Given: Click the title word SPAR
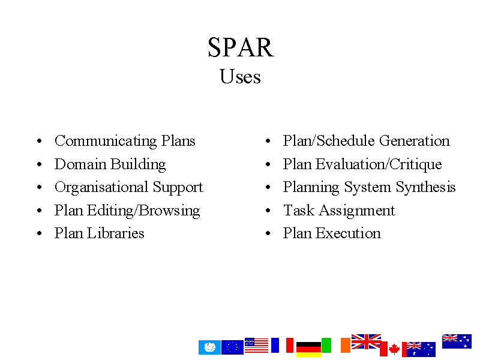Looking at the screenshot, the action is pyautogui.click(x=241, y=47).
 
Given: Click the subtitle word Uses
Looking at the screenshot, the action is pyautogui.click(x=241, y=76).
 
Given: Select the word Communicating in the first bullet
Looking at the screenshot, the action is pyautogui.click(x=106, y=142).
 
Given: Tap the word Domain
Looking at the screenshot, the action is pyautogui.click(x=80, y=164).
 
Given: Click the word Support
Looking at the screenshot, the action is pyautogui.click(x=178, y=188).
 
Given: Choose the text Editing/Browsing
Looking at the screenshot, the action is pyautogui.click(x=143, y=211).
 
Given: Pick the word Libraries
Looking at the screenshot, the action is pyautogui.click(x=115, y=233).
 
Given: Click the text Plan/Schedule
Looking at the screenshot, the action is pyautogui.click(x=329, y=141).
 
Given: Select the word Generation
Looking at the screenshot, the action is pyautogui.click(x=415, y=141).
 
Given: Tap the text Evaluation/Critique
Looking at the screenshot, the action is pyautogui.click(x=379, y=164).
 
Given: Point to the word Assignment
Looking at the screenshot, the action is pyautogui.click(x=357, y=211).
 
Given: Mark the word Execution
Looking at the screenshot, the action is pyautogui.click(x=349, y=233).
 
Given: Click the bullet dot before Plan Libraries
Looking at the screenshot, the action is pyautogui.click(x=39, y=233).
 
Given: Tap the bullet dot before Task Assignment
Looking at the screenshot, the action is pyautogui.click(x=268, y=211).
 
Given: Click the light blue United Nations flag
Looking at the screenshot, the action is pyautogui.click(x=209, y=347).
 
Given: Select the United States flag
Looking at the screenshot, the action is pyautogui.click(x=256, y=346).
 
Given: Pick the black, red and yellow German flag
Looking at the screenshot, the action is pyautogui.click(x=308, y=349).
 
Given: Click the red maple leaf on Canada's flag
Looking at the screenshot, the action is pyautogui.click(x=394, y=349).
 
